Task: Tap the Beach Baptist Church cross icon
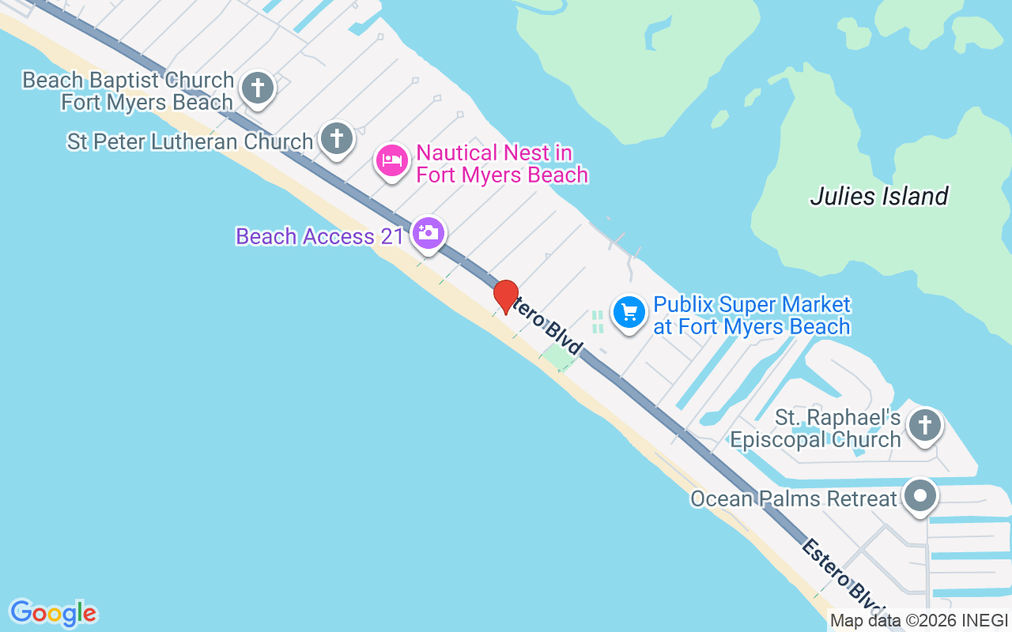tap(257, 87)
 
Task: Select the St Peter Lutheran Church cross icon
tap(337, 139)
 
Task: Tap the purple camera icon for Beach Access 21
tap(428, 233)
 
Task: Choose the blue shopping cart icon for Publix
tap(629, 312)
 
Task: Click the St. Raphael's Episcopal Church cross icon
tap(924, 426)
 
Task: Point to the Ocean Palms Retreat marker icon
tap(920, 496)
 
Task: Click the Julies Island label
tap(879, 196)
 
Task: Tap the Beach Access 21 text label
tap(320, 236)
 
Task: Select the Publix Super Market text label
tap(752, 315)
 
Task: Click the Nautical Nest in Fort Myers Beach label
tap(502, 164)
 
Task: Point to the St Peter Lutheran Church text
tap(191, 142)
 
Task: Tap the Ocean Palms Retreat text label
tap(794, 498)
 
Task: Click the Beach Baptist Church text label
tap(128, 91)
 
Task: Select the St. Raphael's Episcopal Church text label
tap(816, 428)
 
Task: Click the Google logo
tap(53, 612)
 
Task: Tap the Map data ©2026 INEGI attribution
tap(919, 621)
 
